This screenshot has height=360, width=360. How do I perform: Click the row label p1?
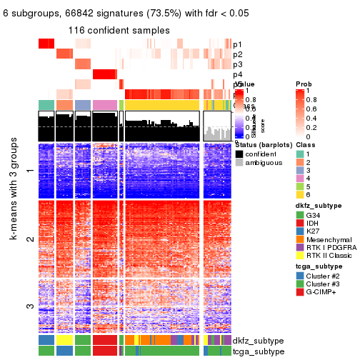[x=237, y=44]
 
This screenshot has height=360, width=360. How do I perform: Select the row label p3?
[x=237, y=64]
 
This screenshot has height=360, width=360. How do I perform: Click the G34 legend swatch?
[x=300, y=216]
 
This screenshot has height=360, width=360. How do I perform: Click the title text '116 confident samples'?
[x=119, y=31]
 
